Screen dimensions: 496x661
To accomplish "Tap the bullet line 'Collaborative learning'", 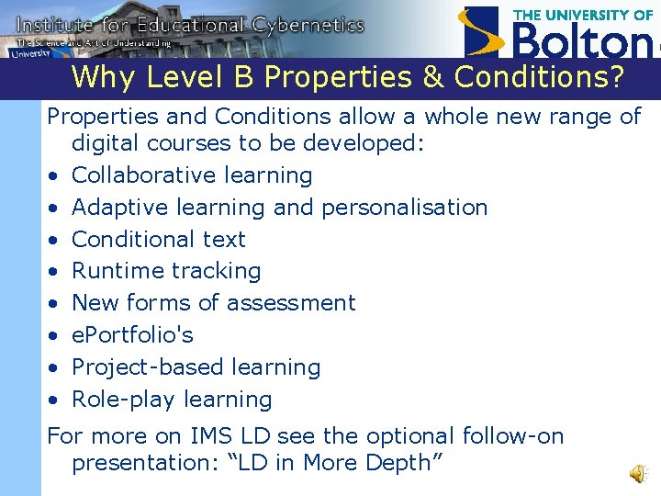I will click(x=192, y=175).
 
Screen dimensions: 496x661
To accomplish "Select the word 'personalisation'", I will click(x=404, y=208).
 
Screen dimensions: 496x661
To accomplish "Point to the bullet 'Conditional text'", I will click(x=159, y=240).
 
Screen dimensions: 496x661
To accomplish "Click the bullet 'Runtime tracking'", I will click(x=166, y=271).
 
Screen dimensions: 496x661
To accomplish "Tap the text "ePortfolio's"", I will click(x=132, y=335).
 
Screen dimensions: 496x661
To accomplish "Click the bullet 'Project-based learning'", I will click(x=196, y=367).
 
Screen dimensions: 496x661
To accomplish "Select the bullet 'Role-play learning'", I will click(x=172, y=400).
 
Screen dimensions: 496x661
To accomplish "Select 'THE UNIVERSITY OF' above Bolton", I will click(x=583, y=15).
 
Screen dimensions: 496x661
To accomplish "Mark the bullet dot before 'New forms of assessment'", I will click(x=55, y=304).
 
